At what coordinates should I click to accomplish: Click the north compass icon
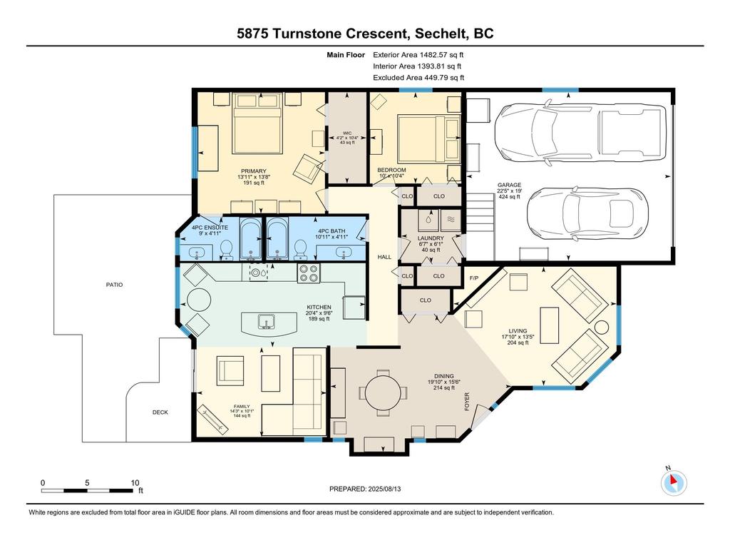(x=674, y=483)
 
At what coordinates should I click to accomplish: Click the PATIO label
(x=115, y=285)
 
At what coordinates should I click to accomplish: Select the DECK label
(x=160, y=412)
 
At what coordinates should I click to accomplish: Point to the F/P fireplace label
(x=474, y=278)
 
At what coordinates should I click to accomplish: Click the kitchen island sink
(x=267, y=322)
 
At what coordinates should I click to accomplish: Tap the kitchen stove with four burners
(x=309, y=273)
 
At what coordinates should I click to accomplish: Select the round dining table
(x=382, y=392)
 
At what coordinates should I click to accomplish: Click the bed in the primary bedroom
(x=257, y=123)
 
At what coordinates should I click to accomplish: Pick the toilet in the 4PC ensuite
(x=227, y=250)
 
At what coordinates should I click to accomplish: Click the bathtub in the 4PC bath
(x=278, y=238)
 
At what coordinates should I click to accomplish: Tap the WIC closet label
(x=347, y=133)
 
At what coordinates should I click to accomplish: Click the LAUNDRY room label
(x=431, y=238)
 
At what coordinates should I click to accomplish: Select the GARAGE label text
(x=509, y=185)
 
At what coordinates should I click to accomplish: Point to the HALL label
(x=384, y=257)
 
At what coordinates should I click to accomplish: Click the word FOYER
(x=467, y=402)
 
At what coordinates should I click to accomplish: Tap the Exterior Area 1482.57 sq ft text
(x=418, y=54)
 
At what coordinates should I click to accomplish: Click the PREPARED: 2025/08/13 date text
(x=365, y=489)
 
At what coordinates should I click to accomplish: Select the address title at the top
(x=366, y=34)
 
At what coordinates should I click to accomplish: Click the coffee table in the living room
(x=550, y=325)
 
